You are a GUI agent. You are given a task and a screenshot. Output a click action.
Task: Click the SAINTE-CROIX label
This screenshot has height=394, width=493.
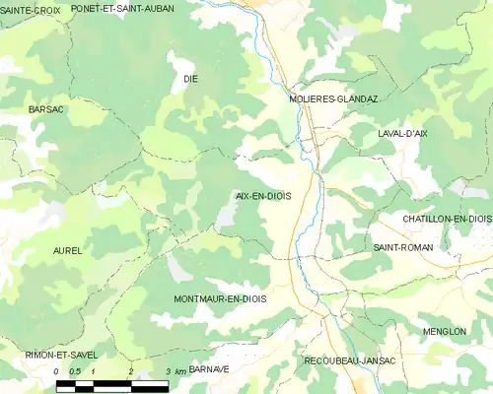(30, 9)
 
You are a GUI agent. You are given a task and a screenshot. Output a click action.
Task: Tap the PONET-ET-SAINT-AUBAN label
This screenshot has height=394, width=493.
(136, 9)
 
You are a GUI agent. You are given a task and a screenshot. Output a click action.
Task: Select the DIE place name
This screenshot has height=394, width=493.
(190, 77)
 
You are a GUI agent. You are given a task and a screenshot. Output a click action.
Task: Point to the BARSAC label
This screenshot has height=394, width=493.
(46, 108)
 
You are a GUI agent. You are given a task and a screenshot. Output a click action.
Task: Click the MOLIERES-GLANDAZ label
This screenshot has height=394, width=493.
(333, 99)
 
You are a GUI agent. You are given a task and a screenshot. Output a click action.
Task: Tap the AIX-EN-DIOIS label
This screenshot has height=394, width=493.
(263, 196)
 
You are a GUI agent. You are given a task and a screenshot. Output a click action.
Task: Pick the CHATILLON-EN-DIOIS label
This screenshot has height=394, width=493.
(447, 218)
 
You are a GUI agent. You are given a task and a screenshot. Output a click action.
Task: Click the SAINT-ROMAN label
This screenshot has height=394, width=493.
(399, 247)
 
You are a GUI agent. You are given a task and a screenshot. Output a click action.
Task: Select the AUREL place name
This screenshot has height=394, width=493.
(67, 251)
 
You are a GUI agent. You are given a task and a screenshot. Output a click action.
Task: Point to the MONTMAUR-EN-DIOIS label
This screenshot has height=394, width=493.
(220, 297)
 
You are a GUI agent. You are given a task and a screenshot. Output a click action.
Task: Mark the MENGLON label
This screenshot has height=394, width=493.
(445, 332)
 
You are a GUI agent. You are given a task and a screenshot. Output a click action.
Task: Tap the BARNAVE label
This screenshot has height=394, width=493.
(208, 368)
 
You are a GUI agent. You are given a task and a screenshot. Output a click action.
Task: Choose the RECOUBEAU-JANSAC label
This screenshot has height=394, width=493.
(350, 361)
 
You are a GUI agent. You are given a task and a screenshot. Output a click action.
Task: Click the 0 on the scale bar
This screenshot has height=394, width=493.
(58, 372)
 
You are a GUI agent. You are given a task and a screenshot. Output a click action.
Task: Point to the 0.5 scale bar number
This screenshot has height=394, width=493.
(75, 372)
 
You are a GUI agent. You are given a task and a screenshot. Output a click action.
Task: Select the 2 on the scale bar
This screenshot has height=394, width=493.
(130, 372)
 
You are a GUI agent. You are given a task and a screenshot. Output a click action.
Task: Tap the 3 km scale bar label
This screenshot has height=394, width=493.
(174, 372)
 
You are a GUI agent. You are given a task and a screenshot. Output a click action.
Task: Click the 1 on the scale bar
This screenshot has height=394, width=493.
(93, 372)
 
